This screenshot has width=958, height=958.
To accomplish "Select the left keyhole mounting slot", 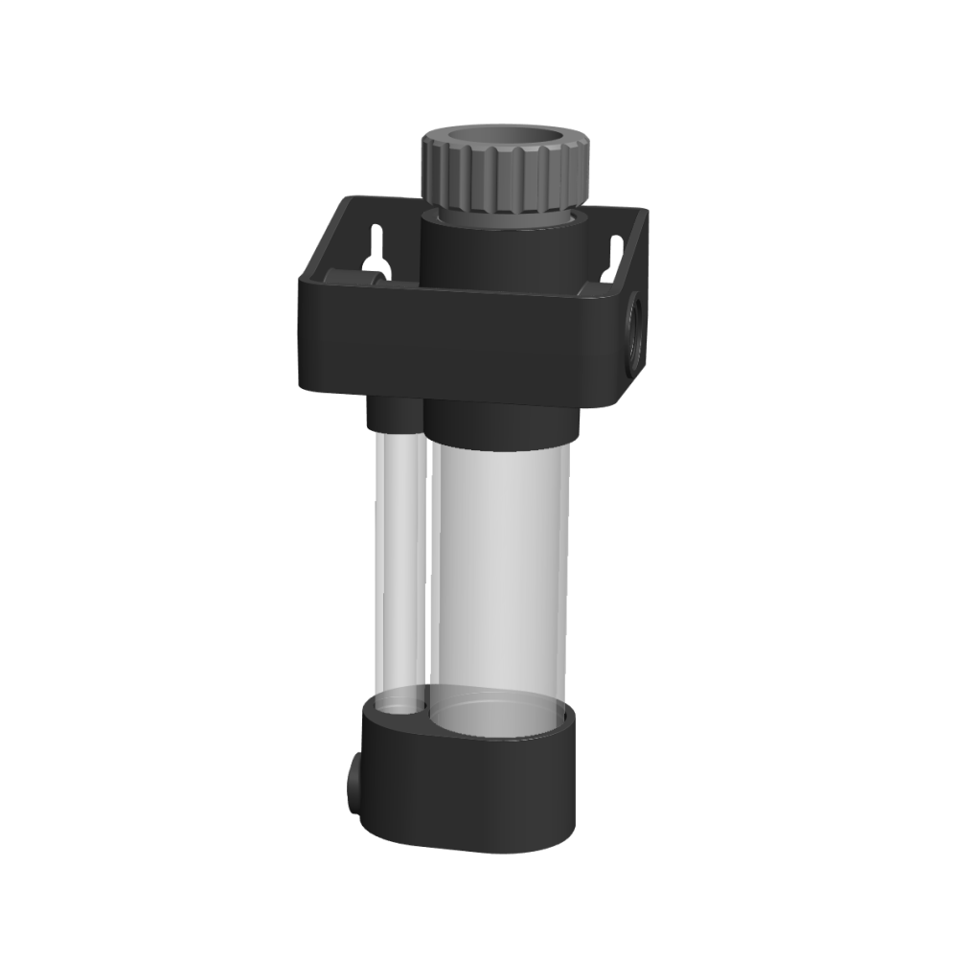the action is click(376, 251).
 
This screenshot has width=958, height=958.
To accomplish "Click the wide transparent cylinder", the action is click(503, 565).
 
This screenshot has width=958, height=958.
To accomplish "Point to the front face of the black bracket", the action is click(450, 345).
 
